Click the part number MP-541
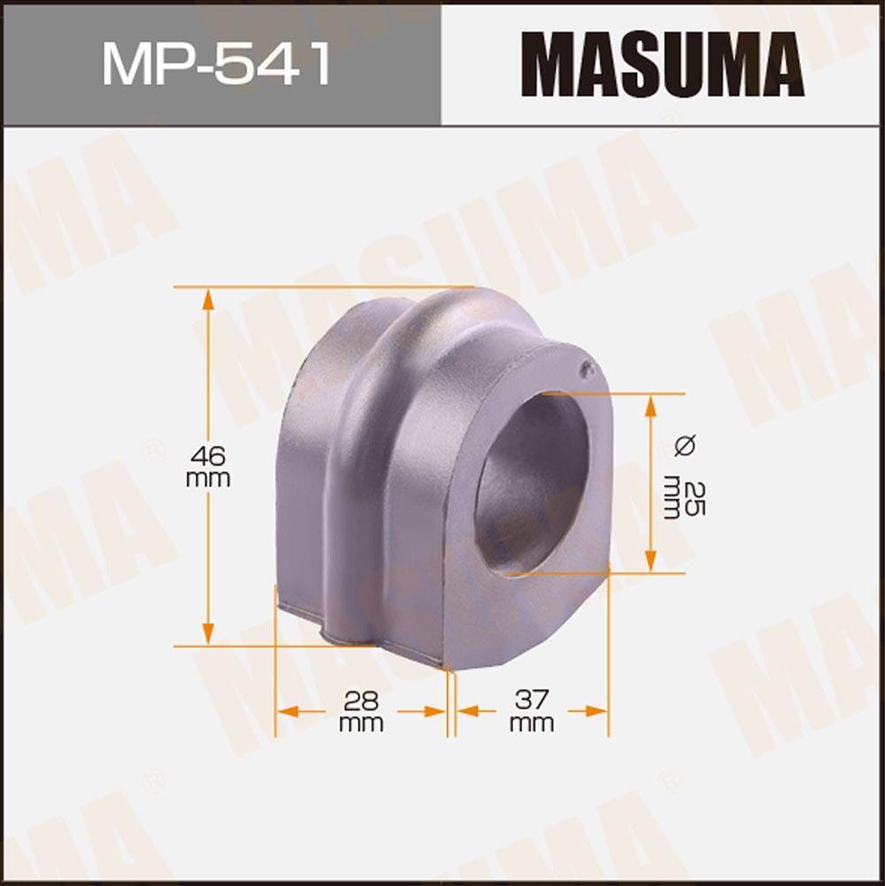coord(216,64)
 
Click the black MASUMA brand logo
coord(663,65)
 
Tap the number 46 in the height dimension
coord(208,457)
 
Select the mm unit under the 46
coord(208,479)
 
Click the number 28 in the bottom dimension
coord(361,701)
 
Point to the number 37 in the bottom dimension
coord(532,701)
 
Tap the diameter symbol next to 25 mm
coord(684,446)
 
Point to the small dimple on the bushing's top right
coord(586,370)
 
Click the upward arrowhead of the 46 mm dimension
coord(208,298)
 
